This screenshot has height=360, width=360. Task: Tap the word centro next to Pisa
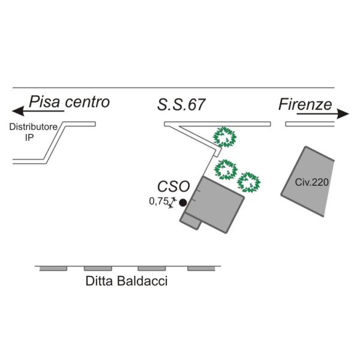(x=88, y=102)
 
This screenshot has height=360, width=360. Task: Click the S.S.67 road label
(x=181, y=106)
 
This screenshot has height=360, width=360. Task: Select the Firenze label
(x=305, y=105)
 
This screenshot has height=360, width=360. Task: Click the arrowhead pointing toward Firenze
(x=343, y=114)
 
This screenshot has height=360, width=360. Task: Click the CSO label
(x=173, y=186)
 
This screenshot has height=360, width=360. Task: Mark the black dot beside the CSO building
(x=183, y=203)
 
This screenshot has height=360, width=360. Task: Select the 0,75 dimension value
(x=158, y=202)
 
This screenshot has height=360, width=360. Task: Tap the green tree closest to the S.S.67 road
(x=226, y=137)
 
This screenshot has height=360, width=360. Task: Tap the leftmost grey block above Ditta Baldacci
(x=53, y=268)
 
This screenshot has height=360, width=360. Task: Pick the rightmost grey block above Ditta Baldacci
(x=200, y=268)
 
